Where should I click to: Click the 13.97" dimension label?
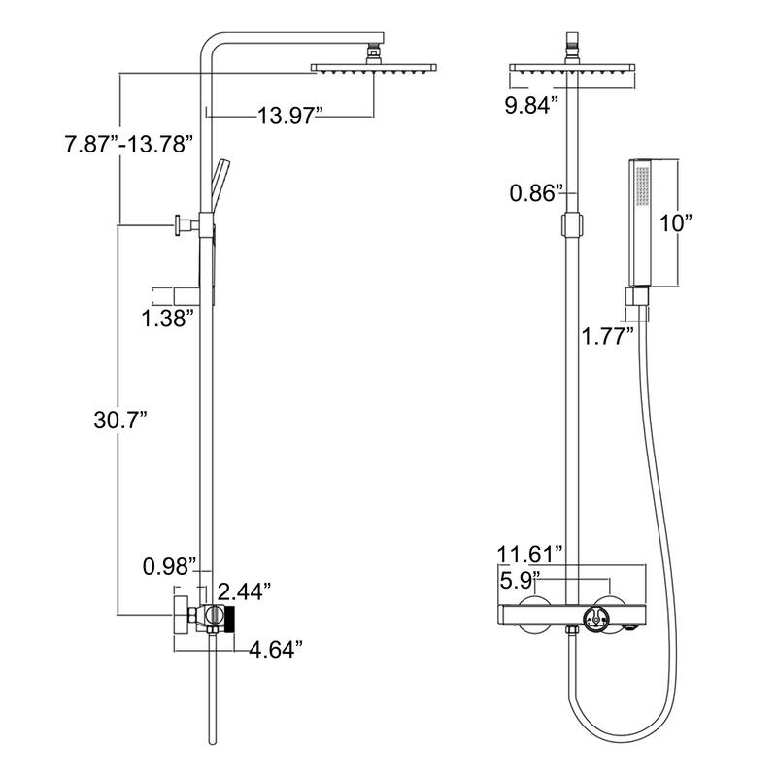tap(289, 117)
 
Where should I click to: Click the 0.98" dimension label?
tap(169, 565)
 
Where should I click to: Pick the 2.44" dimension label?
tap(244, 591)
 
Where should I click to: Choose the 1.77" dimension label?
tap(608, 337)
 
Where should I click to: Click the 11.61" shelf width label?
tap(530, 555)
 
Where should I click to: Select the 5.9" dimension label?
tap(521, 582)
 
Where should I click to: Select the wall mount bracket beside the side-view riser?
tap(184, 225)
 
